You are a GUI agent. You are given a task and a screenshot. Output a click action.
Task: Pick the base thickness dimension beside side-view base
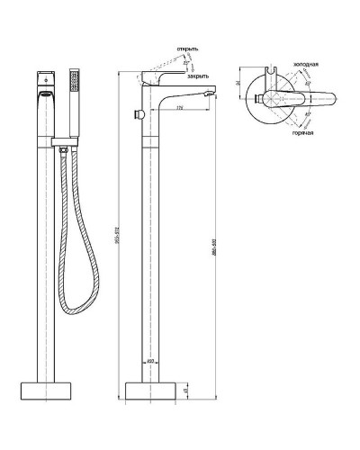[184, 390]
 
